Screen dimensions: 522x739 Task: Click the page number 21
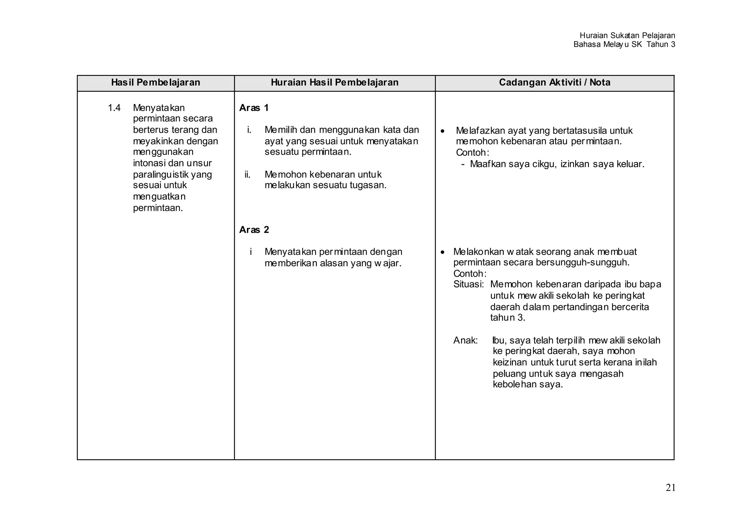coord(670,488)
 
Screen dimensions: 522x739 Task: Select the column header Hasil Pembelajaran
coord(156,83)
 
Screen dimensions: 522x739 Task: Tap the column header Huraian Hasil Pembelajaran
coord(334,83)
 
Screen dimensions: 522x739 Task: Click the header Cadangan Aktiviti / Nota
coord(555,83)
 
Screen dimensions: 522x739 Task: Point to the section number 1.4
coord(114,108)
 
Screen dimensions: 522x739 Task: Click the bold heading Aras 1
coord(254,108)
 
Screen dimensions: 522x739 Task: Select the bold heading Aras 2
coord(254,230)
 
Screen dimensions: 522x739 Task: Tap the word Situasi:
coord(468,284)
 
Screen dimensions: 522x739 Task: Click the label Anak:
coord(465,340)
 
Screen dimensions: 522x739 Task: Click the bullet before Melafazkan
coord(443,131)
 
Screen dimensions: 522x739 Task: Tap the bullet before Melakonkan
coord(443,252)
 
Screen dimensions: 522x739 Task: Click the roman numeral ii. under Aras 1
coord(248,175)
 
